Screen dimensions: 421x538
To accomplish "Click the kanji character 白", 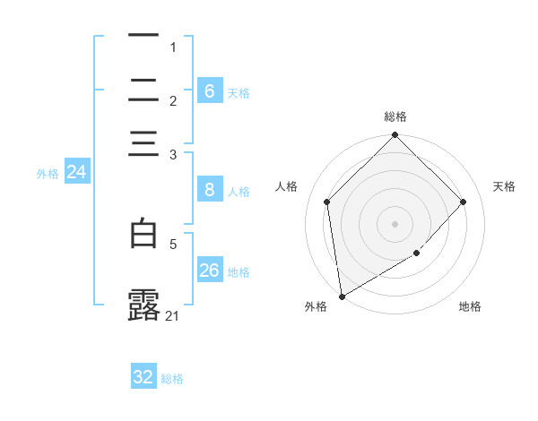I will tap(143, 235).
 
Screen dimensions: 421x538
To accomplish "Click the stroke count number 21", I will tap(173, 315).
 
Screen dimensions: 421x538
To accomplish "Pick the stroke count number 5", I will tap(173, 243).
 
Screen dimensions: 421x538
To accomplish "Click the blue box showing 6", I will tap(209, 91).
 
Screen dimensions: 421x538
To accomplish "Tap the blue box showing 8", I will tap(209, 190).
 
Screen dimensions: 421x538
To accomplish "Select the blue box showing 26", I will tap(209, 271).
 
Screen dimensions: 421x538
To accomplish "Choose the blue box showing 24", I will tap(76, 172).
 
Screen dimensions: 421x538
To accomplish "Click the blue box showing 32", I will tap(143, 377).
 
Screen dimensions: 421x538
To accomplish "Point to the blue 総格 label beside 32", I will tap(172, 379).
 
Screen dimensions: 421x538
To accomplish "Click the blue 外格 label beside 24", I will tap(48, 174).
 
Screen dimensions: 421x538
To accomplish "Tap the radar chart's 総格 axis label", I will tap(395, 116).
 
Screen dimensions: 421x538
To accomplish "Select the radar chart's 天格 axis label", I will tap(505, 186).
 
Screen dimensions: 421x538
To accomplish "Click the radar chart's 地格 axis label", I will tap(470, 307).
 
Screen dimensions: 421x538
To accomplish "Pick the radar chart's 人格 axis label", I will tap(287, 186).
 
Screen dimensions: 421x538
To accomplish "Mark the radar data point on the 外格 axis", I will tap(342, 296).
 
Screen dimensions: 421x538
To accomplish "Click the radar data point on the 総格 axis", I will tap(395, 136).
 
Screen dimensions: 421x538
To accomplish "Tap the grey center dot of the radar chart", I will tap(395, 223).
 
